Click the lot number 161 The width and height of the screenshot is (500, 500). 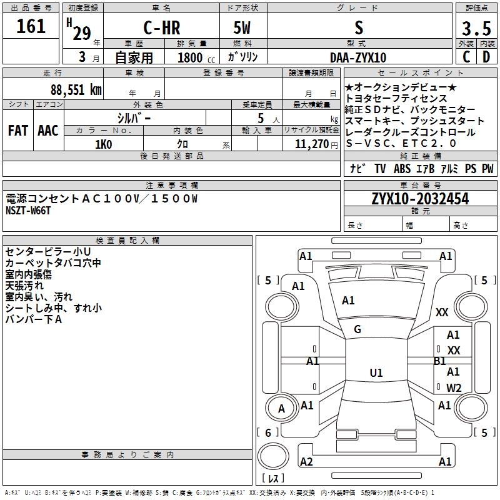click(31, 26)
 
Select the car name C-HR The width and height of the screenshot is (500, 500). click(161, 28)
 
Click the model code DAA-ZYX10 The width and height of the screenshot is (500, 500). click(358, 57)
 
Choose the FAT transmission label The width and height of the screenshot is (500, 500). click(17, 131)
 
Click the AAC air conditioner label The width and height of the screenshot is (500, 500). click(47, 131)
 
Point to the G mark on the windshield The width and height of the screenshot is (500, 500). click(357, 329)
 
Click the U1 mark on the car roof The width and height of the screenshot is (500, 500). click(376, 373)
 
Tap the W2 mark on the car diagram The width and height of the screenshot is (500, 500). click(454, 387)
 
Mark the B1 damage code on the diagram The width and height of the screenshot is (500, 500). click(439, 361)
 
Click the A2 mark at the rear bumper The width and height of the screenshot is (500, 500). click(306, 461)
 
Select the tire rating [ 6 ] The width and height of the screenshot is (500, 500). click(269, 432)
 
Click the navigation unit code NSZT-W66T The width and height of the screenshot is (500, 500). click(28, 211)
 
